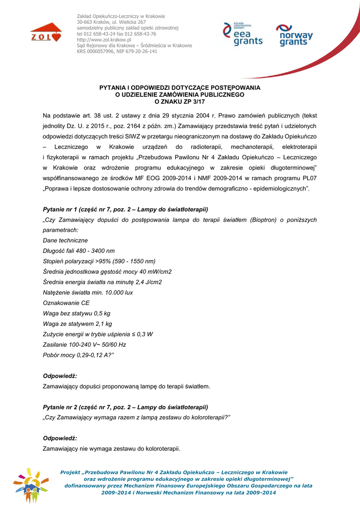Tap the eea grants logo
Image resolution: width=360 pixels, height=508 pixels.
pyautogui.click(x=242, y=34)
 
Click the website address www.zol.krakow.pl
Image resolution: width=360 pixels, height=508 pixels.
pyautogui.click(x=104, y=40)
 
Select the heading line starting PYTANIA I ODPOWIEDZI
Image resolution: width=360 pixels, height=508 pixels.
pyautogui.click(x=180, y=87)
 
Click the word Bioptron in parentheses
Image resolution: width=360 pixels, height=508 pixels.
pyautogui.click(x=264, y=219)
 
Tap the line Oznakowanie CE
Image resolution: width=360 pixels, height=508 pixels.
pyautogui.click(x=67, y=303)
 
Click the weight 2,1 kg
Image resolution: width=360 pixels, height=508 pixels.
pyautogui.click(x=103, y=323)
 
